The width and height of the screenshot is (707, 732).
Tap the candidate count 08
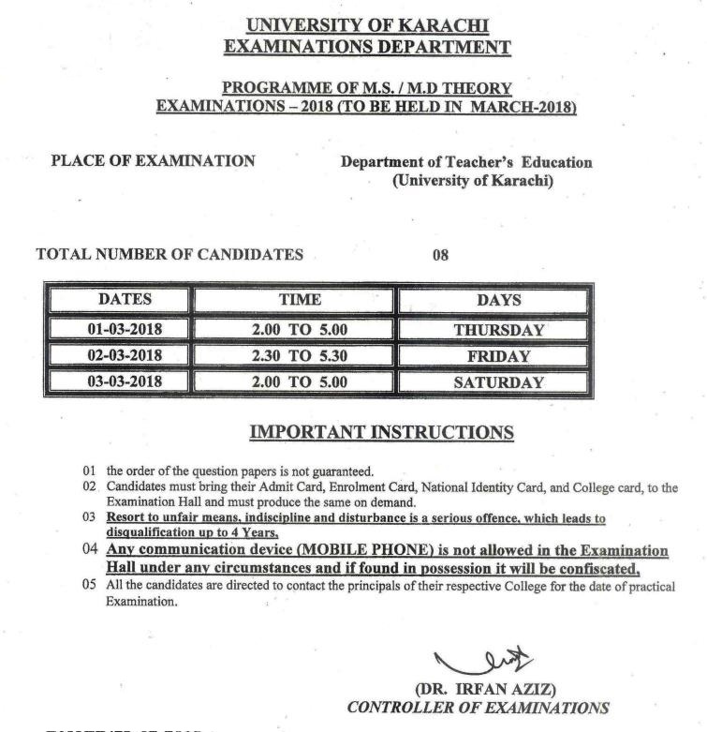[x=439, y=254]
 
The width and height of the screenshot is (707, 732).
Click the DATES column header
[x=124, y=300]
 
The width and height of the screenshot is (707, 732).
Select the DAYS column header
[x=499, y=301]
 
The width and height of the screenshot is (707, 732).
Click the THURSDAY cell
[x=499, y=330]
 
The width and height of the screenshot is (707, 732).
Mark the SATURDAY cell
[x=499, y=382]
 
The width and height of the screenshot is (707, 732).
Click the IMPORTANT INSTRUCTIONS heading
[x=381, y=432]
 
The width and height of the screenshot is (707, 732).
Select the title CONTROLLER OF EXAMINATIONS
[x=478, y=709]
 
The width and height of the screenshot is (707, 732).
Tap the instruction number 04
[x=90, y=550]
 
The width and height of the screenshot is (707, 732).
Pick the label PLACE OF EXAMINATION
[x=153, y=160]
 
